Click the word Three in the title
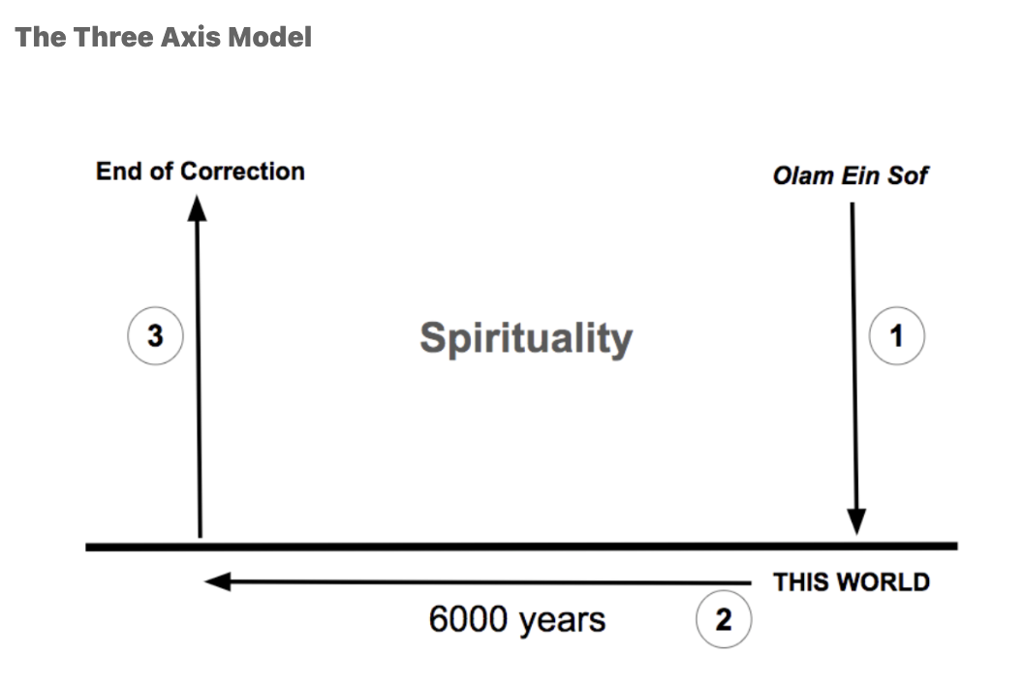click(x=113, y=37)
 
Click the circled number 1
click(x=896, y=335)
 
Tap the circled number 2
click(x=724, y=619)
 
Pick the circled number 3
click(x=155, y=335)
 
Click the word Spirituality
click(x=526, y=339)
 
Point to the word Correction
click(x=242, y=171)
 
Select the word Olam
click(x=803, y=175)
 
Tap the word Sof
click(x=908, y=175)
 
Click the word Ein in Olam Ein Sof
click(x=860, y=175)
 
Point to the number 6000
click(x=469, y=619)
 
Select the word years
click(x=562, y=621)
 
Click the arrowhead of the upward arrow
click(x=197, y=209)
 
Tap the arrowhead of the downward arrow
click(x=856, y=521)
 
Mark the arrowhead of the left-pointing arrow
click(x=218, y=581)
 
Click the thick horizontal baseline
click(x=521, y=547)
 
